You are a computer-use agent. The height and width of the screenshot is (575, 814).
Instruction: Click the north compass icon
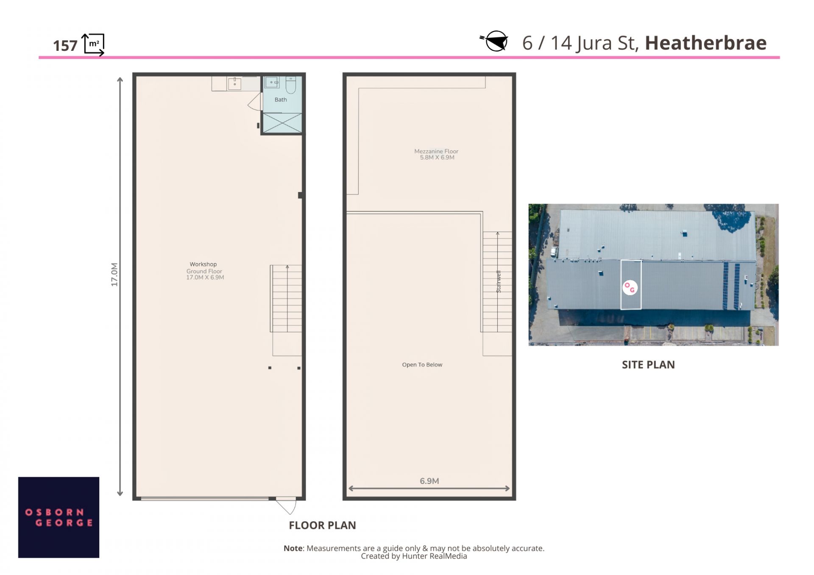(x=495, y=41)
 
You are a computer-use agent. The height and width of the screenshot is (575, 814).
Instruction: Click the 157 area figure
(x=65, y=46)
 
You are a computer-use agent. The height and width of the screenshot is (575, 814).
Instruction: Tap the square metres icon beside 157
(x=93, y=44)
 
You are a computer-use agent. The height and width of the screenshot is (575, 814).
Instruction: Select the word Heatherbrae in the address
(x=705, y=43)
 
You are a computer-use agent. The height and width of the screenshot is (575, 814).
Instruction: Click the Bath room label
(x=281, y=100)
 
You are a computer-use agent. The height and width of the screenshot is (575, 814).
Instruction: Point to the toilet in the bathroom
(x=291, y=85)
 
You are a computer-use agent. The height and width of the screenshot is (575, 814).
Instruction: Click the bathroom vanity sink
(x=271, y=82)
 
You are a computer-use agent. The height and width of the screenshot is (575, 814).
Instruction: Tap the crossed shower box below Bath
(x=282, y=123)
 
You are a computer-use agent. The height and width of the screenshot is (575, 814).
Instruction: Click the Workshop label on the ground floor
(x=203, y=264)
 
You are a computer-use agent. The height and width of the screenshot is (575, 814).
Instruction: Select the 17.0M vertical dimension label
(x=114, y=275)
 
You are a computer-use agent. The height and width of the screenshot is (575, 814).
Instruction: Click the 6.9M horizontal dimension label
(x=429, y=481)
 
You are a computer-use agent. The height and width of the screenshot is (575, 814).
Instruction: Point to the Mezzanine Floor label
(x=436, y=151)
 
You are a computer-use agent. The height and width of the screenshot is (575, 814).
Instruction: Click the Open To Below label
(x=422, y=364)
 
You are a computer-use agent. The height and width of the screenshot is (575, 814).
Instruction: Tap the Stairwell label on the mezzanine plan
(x=499, y=281)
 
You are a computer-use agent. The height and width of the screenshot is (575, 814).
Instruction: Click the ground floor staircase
(x=287, y=298)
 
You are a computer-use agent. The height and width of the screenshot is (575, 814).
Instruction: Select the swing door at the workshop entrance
(x=286, y=506)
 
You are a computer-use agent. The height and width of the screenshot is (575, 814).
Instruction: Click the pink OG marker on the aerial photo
(x=630, y=287)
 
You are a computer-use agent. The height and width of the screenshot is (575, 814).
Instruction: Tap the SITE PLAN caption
(x=648, y=365)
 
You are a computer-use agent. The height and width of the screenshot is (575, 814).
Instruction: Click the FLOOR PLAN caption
(x=322, y=525)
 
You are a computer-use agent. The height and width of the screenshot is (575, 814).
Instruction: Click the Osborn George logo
(x=59, y=517)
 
